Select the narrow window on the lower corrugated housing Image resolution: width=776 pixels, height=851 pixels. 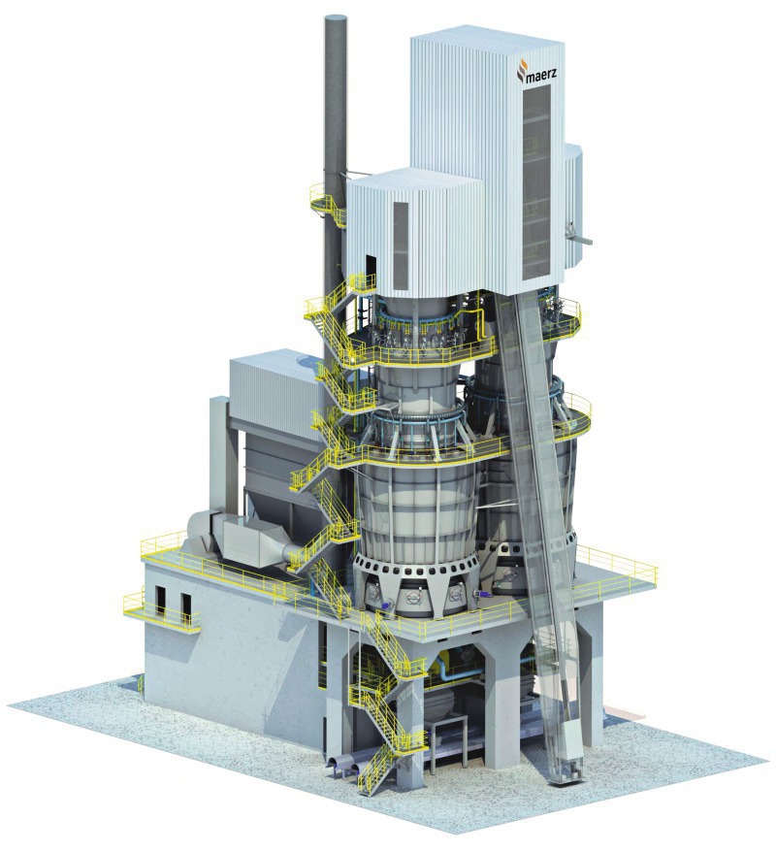point(401,245)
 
